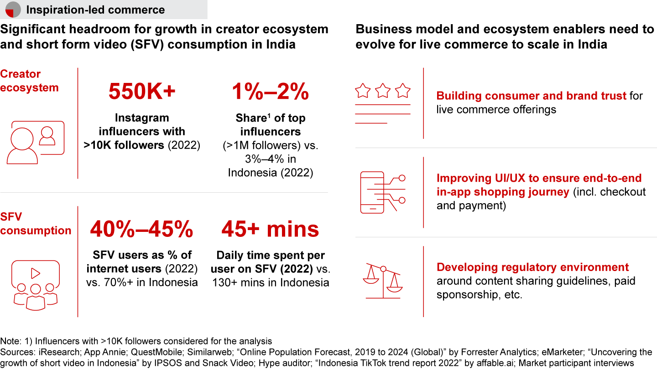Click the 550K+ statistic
click(142, 92)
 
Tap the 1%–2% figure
click(271, 92)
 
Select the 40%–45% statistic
click(142, 230)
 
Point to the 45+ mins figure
click(270, 230)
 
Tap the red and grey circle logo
click(13, 9)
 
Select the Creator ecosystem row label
click(29, 81)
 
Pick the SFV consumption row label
click(35, 223)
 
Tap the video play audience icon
click(35, 283)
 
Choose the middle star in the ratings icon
click(382, 91)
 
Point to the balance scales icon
click(382, 282)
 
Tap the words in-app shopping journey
click(502, 192)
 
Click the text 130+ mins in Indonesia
click(271, 282)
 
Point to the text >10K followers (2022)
click(142, 145)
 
